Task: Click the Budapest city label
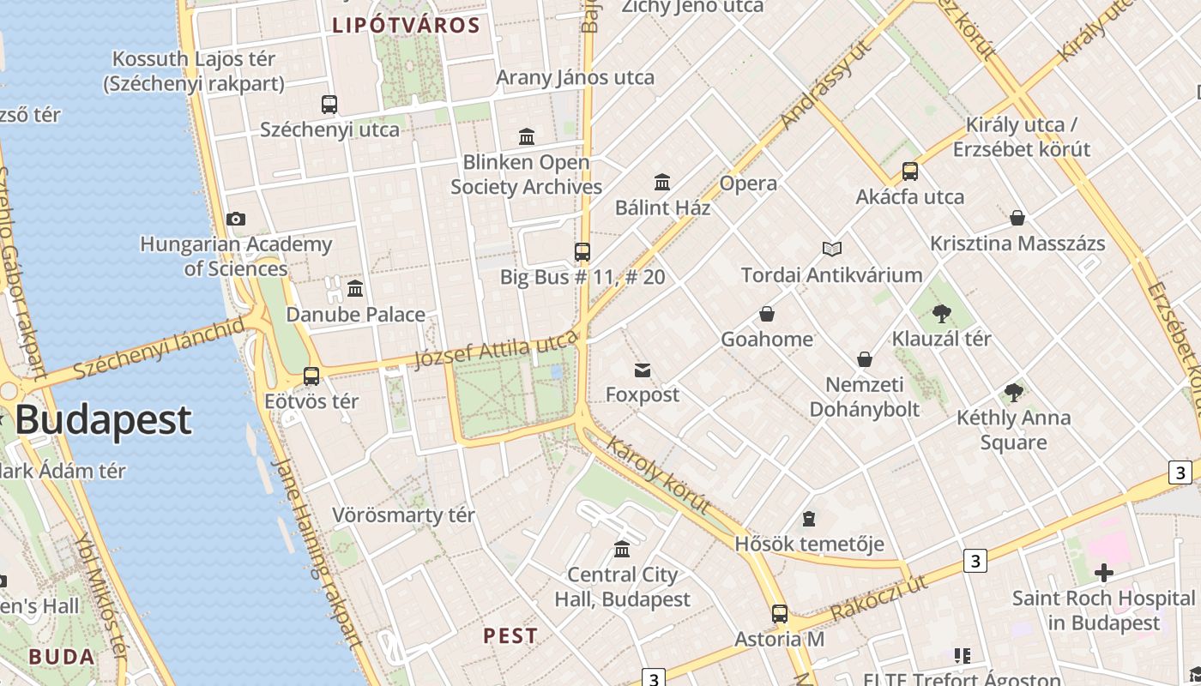click(103, 420)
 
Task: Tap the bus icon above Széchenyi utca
click(329, 105)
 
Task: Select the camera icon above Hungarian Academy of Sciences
click(236, 220)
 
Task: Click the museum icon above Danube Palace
click(355, 288)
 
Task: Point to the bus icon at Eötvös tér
click(311, 376)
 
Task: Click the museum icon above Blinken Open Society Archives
click(527, 136)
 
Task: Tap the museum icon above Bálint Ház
click(662, 182)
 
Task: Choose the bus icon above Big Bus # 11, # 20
click(582, 251)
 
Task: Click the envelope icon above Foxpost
click(643, 370)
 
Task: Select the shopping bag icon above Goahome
click(767, 314)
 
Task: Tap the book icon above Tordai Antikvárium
click(832, 250)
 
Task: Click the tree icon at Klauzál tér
click(941, 313)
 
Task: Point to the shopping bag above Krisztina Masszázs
click(1017, 218)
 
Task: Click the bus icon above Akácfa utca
click(910, 171)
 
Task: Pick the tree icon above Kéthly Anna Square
click(1013, 393)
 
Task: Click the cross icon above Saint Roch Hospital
click(1104, 572)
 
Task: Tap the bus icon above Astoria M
click(780, 614)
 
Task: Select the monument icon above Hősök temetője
click(809, 518)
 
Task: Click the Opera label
click(748, 183)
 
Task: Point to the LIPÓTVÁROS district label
click(407, 25)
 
